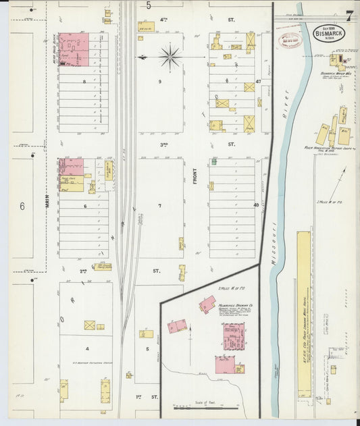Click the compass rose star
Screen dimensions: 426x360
coord(170,57)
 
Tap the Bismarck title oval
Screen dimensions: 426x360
coord(327,33)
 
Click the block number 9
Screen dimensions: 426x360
coord(160,81)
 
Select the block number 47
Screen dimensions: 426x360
coord(257,81)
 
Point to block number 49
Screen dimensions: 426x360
coord(257,205)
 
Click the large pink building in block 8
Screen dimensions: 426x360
coord(74,50)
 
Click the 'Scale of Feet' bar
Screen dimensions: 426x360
coord(201,407)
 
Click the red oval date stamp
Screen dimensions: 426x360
coord(291,40)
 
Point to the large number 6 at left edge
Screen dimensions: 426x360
coord(22,206)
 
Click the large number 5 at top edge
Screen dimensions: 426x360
coord(148,5)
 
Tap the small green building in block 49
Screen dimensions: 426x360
coord(213,161)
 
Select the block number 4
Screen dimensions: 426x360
coord(86,348)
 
